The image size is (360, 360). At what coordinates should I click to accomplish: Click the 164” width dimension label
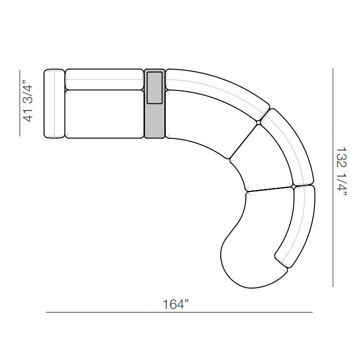click(176, 305)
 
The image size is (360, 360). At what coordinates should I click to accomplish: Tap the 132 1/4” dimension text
click(342, 171)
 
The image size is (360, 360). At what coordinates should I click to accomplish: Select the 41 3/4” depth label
click(28, 101)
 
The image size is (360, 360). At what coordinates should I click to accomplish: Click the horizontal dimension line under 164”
click(179, 312)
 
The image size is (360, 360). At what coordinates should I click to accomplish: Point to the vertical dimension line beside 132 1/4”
click(333, 177)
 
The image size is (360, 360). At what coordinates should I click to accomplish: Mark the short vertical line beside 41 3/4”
click(20, 103)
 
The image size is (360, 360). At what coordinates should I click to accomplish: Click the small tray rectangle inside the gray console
click(154, 88)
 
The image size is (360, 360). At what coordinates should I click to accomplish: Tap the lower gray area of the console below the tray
click(154, 120)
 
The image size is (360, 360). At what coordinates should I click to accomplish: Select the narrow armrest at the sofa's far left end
click(54, 104)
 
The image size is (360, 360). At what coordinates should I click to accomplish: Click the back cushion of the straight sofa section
click(105, 79)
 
